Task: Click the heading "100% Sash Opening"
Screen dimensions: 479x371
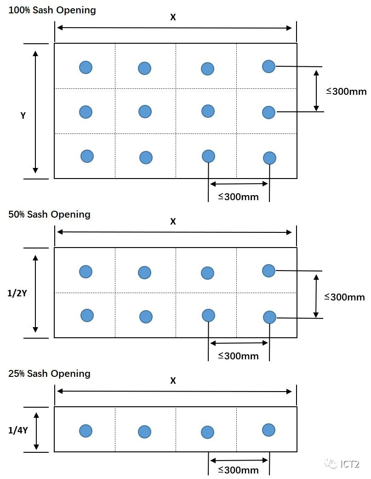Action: (x=52, y=10)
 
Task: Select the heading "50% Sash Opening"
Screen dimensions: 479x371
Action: (x=49, y=214)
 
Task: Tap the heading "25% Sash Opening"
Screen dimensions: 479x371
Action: (x=49, y=374)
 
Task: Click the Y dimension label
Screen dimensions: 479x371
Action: (x=23, y=116)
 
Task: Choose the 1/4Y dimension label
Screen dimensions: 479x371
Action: (x=18, y=431)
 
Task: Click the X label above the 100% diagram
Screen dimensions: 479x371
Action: (x=173, y=17)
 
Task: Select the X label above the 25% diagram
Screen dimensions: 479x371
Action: (x=173, y=381)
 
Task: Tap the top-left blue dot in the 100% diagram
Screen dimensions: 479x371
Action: (x=86, y=67)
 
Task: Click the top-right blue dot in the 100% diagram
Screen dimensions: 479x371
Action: (x=268, y=66)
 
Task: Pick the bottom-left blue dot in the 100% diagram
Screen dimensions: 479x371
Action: (x=87, y=156)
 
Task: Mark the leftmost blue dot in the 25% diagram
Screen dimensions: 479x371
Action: (x=86, y=431)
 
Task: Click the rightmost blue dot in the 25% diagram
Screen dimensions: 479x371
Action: (x=268, y=430)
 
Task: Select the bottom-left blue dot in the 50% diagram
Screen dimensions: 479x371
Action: (x=87, y=315)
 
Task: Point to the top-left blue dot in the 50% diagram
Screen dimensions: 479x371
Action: (x=86, y=271)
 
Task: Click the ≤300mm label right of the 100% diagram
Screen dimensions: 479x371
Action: (x=346, y=91)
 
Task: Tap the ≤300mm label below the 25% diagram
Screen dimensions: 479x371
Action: (x=238, y=470)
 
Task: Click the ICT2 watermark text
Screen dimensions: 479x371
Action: (x=350, y=464)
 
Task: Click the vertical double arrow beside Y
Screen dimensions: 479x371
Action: (x=35, y=112)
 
